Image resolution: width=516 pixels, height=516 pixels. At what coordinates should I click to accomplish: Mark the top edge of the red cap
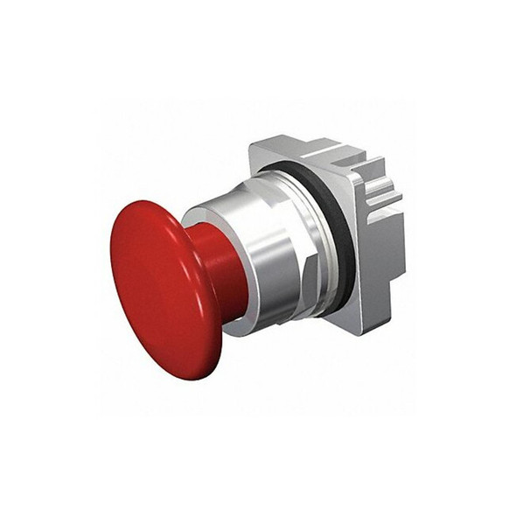pyautogui.click(x=149, y=202)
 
